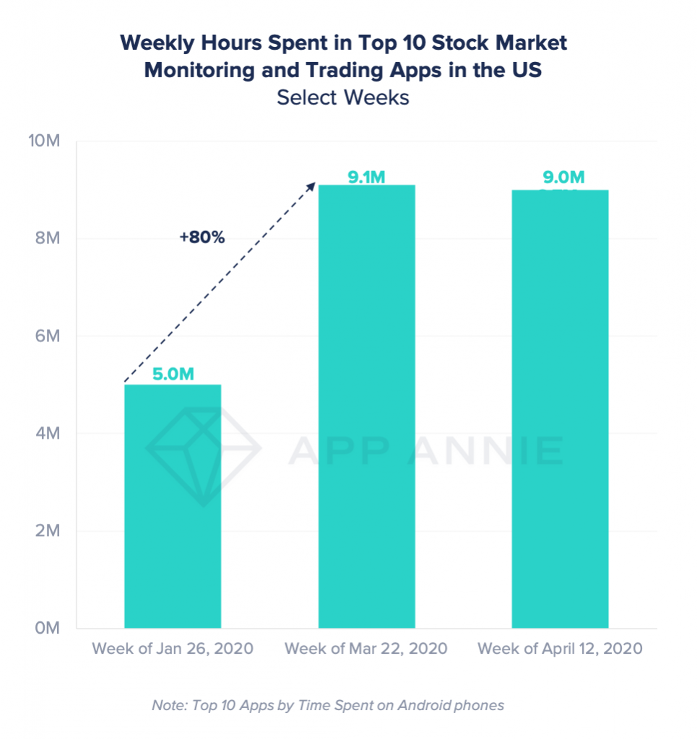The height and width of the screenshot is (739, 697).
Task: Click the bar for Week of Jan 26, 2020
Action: click(x=173, y=506)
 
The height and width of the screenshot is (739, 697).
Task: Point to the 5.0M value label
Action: click(x=173, y=375)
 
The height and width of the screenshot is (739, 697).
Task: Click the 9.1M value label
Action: click(x=366, y=176)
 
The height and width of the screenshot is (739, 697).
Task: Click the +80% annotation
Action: click(x=202, y=237)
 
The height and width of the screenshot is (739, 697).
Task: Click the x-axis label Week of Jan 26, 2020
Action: click(x=173, y=648)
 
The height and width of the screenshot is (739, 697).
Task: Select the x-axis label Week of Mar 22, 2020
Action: click(x=366, y=648)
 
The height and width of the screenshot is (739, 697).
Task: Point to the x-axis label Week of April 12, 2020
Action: click(x=560, y=648)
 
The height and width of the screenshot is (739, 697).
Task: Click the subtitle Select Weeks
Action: click(x=343, y=97)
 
